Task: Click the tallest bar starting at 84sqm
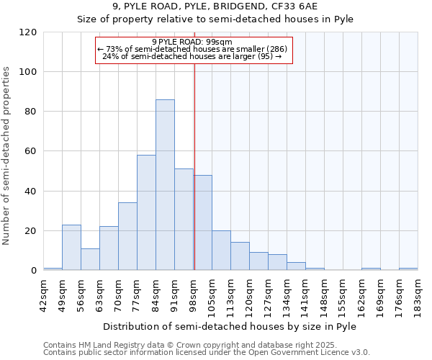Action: tap(165, 185)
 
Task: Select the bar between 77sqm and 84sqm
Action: tap(146, 212)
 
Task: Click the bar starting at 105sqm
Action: tap(221, 251)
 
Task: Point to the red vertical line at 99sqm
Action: tap(194, 166)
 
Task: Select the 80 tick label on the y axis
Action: tap(30, 112)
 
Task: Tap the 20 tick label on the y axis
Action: tap(30, 231)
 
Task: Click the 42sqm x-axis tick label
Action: tap(43, 294)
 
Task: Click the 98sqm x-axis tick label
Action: tap(193, 294)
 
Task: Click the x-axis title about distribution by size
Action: tap(230, 326)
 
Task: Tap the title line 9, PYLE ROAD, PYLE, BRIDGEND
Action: tap(215, 6)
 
